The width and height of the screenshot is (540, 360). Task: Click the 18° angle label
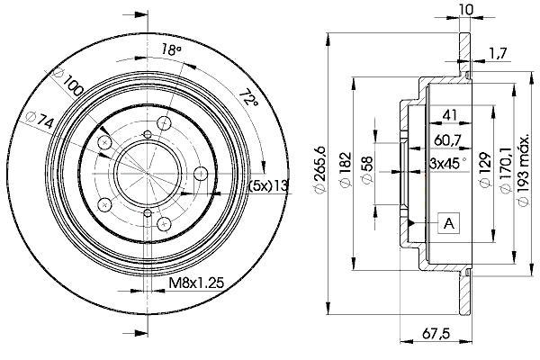click(172, 50)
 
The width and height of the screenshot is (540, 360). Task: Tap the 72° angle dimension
click(248, 97)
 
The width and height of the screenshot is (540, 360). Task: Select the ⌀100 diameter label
click(67, 83)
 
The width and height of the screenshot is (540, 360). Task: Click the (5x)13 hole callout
click(268, 185)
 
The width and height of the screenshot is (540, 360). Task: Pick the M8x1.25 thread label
click(196, 283)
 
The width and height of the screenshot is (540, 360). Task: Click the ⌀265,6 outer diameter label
click(319, 170)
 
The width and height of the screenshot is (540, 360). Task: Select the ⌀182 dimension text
click(346, 169)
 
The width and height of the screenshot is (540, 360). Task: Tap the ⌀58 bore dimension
click(367, 170)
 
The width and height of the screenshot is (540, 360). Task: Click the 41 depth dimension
click(450, 114)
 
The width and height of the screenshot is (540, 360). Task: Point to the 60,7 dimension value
click(447, 139)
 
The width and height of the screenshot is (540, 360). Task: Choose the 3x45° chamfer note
click(448, 163)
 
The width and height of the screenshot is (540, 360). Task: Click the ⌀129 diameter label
click(484, 170)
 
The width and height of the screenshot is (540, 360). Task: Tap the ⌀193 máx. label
click(524, 170)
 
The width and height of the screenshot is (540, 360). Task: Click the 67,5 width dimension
click(437, 333)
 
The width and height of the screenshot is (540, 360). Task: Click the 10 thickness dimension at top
click(466, 9)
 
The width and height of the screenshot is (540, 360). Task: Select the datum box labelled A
click(449, 223)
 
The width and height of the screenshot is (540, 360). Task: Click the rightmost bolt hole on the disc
click(201, 174)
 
